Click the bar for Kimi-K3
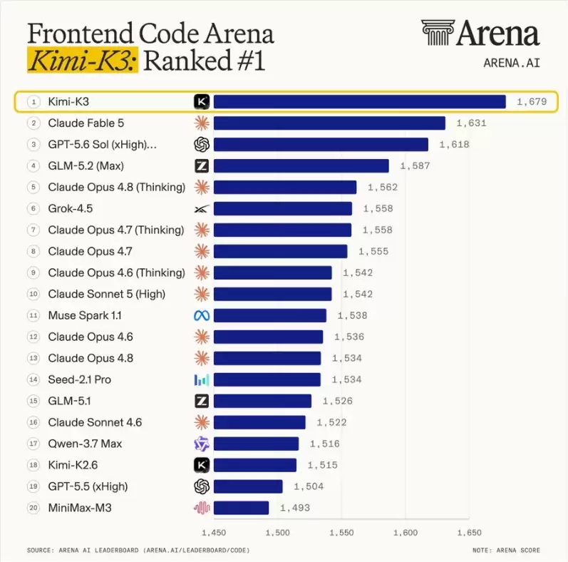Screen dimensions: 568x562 360,101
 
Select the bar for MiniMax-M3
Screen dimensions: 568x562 242,508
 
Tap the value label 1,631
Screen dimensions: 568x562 471,123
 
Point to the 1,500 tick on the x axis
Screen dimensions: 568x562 277,533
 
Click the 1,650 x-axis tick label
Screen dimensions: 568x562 469,533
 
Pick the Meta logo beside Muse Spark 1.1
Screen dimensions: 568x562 202,316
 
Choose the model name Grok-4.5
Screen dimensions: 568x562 71,208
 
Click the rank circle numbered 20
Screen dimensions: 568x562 33,508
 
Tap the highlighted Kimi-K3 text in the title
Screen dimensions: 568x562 83,60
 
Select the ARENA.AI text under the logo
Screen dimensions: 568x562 512,63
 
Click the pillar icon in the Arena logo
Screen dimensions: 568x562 438,33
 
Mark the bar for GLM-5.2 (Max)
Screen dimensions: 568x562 301,166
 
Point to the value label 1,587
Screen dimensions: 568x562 415,166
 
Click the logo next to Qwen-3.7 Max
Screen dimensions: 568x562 202,444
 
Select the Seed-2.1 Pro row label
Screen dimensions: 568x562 80,379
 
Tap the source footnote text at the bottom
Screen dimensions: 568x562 138,550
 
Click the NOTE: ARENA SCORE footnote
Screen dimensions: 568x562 506,550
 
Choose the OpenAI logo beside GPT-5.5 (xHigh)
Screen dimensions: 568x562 202,486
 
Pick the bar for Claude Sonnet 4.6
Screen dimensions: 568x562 259,422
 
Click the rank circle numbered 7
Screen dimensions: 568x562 33,230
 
